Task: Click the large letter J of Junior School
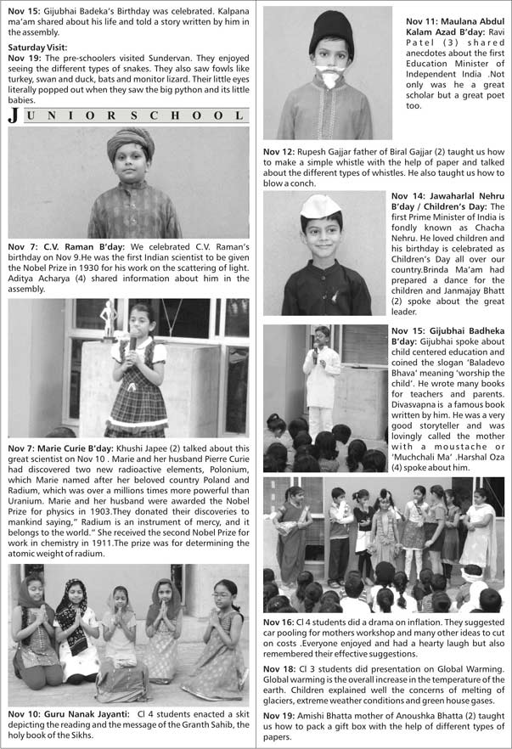13,117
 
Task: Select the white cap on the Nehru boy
320,206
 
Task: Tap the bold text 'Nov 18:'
281,670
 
